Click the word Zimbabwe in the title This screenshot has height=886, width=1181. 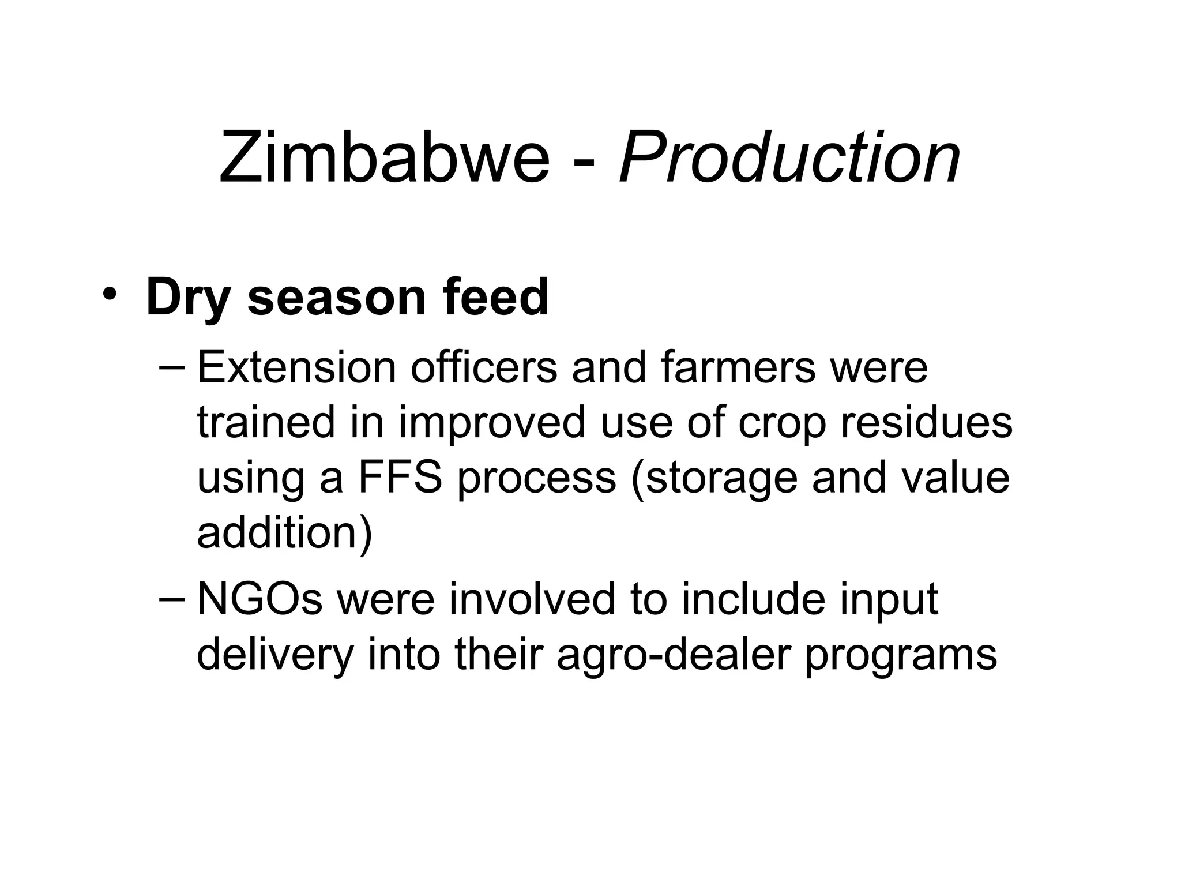385,157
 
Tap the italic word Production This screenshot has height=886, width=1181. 789,157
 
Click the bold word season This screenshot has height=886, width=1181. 337,299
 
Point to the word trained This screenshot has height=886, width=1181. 266,422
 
